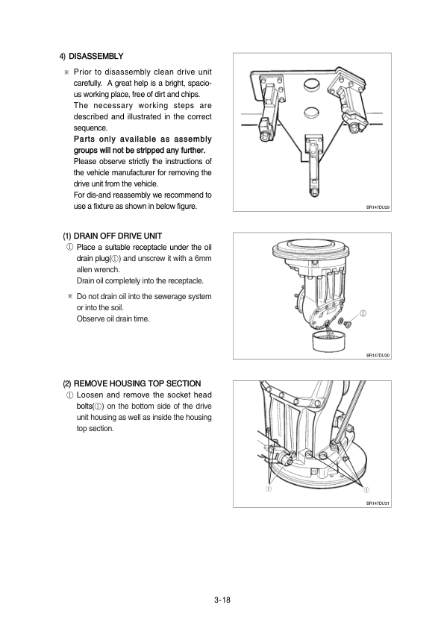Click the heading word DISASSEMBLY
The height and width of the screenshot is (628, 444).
[96, 57]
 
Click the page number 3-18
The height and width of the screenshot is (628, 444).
[222, 600]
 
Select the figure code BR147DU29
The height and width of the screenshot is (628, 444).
[378, 207]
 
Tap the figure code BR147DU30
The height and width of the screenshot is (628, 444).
[378, 355]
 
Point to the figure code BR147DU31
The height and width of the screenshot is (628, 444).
[378, 503]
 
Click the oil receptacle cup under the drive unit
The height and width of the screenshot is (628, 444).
[328, 339]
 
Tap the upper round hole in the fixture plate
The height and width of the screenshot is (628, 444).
[311, 85]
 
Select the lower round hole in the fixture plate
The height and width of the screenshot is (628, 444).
[311, 113]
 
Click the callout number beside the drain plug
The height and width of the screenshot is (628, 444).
[363, 313]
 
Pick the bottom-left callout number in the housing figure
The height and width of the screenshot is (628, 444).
[269, 489]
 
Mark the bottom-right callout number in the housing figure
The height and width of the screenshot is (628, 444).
[366, 489]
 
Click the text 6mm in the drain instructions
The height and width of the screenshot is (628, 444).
[203, 258]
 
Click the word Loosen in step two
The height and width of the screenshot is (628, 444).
[89, 395]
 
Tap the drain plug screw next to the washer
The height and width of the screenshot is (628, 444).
[348, 323]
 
